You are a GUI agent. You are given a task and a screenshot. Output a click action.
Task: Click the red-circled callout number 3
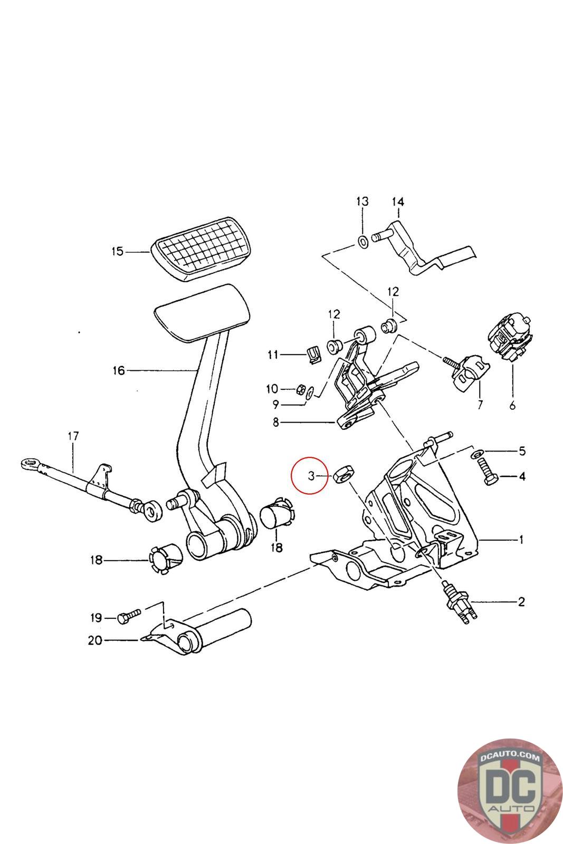pos(311,476)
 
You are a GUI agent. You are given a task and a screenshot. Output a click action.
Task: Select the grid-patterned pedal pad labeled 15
pos(201,248)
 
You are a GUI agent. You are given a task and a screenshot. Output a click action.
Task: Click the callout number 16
pos(118,370)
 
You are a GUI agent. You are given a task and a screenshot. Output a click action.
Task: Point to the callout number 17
pos(73,436)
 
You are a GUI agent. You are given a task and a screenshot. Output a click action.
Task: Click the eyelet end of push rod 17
pos(30,463)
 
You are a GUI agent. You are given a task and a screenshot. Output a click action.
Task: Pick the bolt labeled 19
pos(129,617)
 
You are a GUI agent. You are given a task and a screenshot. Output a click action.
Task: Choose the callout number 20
pos(95,640)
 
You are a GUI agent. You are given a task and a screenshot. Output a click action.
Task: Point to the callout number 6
pos(512,406)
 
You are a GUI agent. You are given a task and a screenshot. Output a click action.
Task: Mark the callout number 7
pos(480,405)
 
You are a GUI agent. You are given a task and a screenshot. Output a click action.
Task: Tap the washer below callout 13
pos(362,242)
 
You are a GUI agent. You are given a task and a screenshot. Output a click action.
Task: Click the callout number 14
pos(397,202)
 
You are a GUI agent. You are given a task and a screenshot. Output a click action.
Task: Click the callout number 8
pos(276,423)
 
